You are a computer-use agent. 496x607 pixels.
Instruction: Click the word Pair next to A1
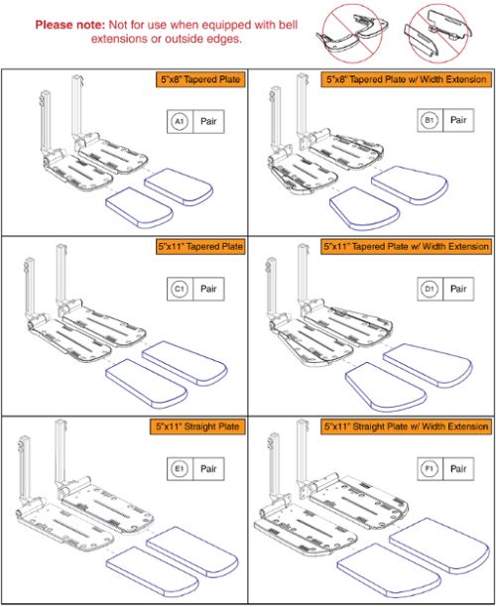pos(209,120)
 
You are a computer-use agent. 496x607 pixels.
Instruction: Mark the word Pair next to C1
pos(209,291)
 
